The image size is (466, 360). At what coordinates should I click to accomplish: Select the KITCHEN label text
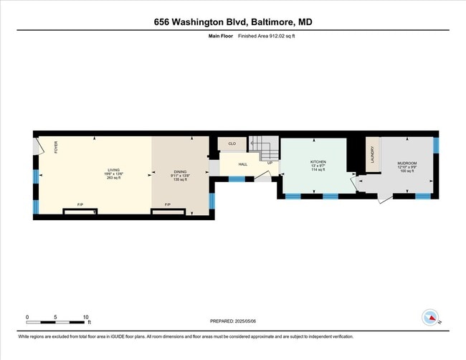(x=318, y=162)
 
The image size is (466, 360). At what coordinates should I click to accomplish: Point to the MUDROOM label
(x=407, y=163)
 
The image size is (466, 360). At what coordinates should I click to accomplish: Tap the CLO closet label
(x=232, y=143)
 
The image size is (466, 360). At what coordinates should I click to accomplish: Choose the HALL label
(x=243, y=164)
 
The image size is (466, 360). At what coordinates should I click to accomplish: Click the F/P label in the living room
(x=80, y=205)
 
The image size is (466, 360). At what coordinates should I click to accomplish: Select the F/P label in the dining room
(x=167, y=205)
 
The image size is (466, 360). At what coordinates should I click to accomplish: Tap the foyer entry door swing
(x=39, y=146)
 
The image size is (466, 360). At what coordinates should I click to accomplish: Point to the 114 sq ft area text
(x=318, y=171)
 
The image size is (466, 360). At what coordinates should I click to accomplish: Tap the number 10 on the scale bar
(x=86, y=316)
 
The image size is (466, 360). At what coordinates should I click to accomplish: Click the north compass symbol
(x=430, y=318)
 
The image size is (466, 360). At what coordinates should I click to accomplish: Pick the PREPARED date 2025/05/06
(x=233, y=321)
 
